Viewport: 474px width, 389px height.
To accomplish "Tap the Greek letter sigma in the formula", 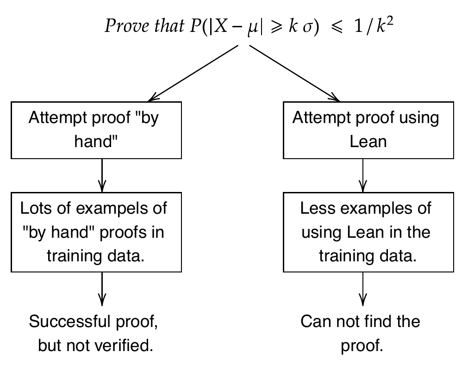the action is point(307,27).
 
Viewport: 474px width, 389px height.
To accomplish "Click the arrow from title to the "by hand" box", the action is point(193,73).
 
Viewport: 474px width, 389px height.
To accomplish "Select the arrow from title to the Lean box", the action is point(294,73).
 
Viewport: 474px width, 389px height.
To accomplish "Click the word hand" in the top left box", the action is point(96,141).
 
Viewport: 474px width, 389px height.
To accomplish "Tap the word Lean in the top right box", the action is point(368,142).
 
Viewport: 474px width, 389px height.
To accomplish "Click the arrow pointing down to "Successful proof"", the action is point(102,289).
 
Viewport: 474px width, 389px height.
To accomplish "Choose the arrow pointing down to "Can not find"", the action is point(363,289).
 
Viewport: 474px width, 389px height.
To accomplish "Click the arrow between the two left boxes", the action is point(102,175).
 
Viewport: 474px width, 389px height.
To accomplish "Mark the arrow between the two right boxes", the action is point(363,175).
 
